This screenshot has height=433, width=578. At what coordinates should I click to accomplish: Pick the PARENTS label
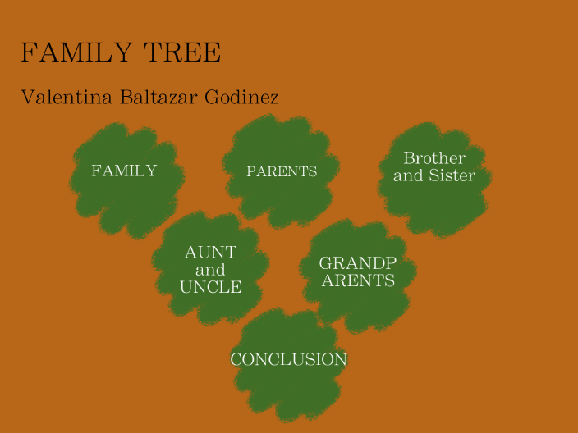[282, 172]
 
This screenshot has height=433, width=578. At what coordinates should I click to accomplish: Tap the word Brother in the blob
[434, 158]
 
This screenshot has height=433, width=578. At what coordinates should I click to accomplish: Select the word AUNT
[211, 253]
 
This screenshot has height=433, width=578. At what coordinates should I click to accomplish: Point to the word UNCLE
[211, 288]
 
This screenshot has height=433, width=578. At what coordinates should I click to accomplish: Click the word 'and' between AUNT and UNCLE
[211, 270]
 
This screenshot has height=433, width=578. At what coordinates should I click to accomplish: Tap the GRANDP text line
[358, 263]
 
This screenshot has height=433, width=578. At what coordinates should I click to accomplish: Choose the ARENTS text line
[358, 280]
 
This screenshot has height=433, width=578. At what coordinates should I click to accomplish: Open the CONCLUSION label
[288, 360]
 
